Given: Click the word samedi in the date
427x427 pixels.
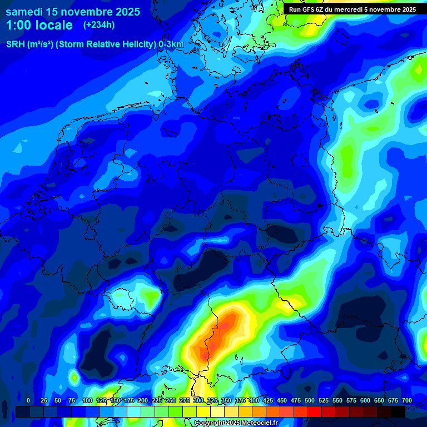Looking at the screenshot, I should pos(28,11).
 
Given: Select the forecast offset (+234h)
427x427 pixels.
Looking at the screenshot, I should pos(99,25).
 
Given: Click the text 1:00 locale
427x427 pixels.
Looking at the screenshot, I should pos(39,25).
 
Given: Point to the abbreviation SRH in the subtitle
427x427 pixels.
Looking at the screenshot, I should pos(16,44).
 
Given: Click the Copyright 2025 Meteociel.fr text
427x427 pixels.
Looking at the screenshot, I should pos(235,423).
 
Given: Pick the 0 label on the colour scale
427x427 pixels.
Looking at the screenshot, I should pos(28,400).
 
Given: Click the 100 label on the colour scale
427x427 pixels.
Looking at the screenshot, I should pos(87,400).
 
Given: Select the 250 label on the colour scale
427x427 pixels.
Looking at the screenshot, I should pos(171,400).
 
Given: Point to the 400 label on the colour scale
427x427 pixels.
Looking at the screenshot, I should pos(254,400).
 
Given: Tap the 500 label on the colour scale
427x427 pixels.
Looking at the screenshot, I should pos(310,400).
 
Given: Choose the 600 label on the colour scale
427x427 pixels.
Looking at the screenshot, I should pos(365,400).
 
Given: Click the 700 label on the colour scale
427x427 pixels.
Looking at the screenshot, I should pos(406,400).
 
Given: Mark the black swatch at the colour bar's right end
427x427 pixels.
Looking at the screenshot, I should pos(398,411).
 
